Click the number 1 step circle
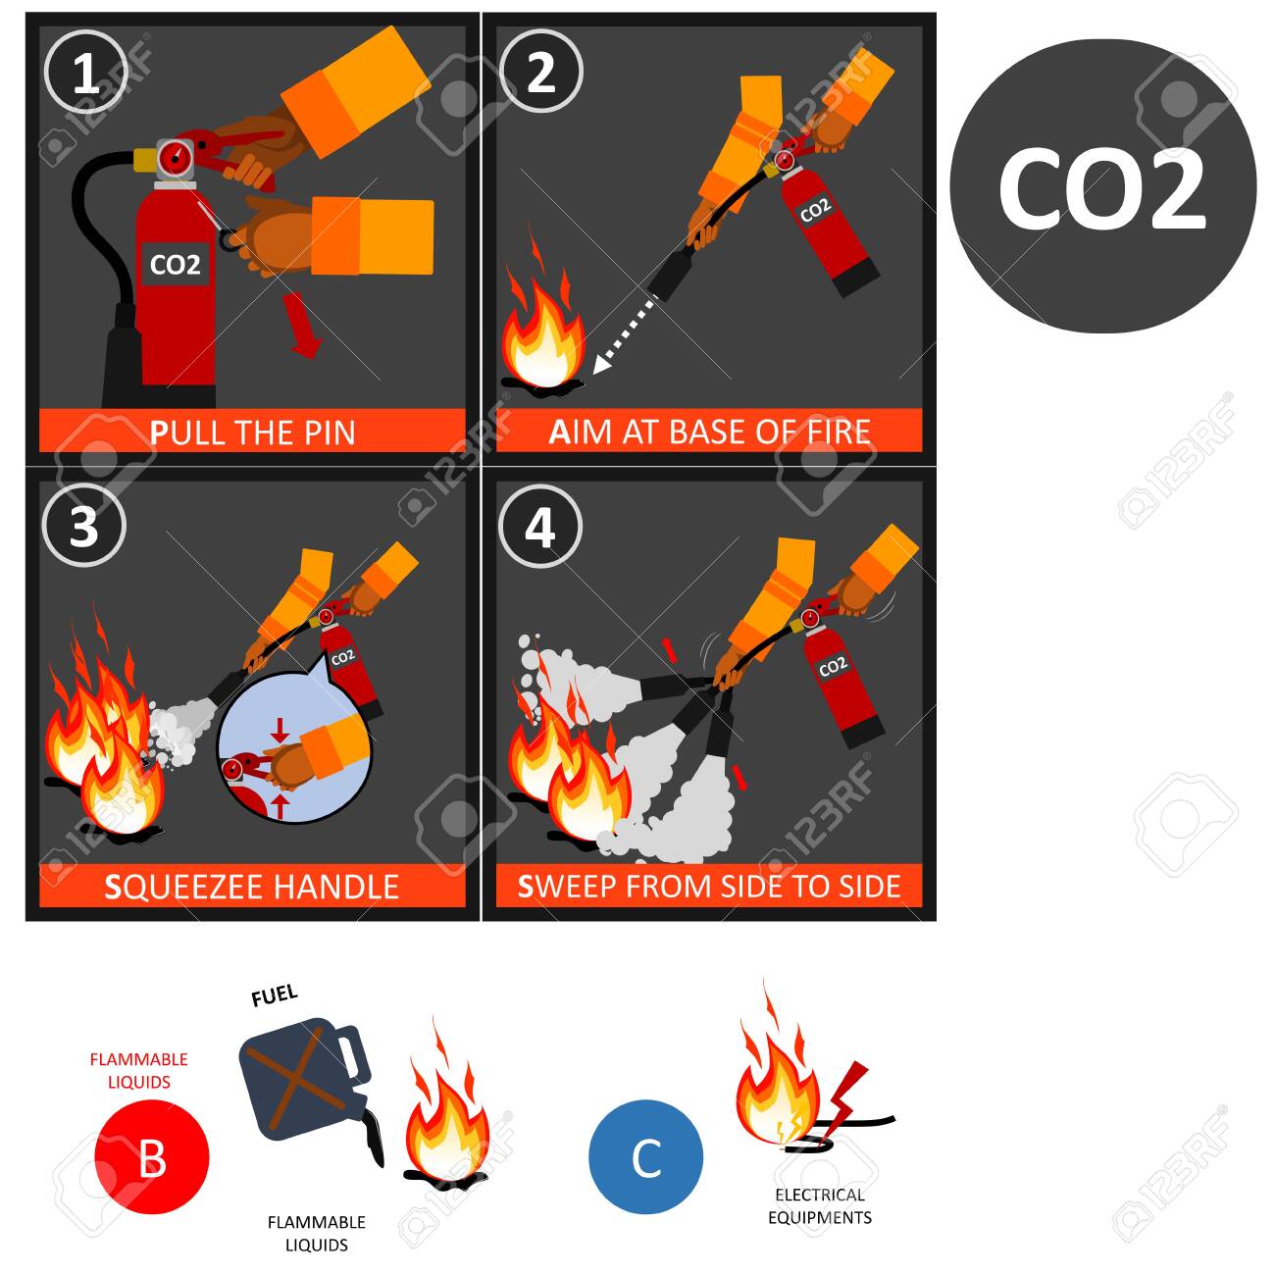coord(84,73)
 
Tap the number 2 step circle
coord(539,73)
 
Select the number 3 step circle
coord(84,527)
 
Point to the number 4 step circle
coord(539,527)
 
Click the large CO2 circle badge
coord(1102,186)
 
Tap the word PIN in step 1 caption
coord(329,433)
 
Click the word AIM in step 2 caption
coord(570,433)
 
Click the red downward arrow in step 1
coord(302,325)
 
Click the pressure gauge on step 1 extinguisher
coord(174,157)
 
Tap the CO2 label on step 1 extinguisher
coord(175,265)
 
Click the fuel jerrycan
coord(311,1085)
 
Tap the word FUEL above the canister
coord(274,995)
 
